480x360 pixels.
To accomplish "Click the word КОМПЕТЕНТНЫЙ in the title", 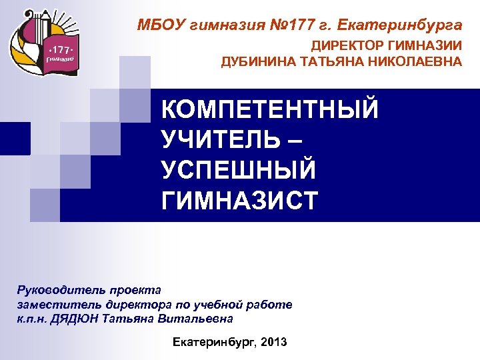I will pos(270,109).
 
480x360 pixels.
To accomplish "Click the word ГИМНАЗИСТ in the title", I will pos(240,199).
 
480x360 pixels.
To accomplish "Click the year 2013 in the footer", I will pos(275,342).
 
